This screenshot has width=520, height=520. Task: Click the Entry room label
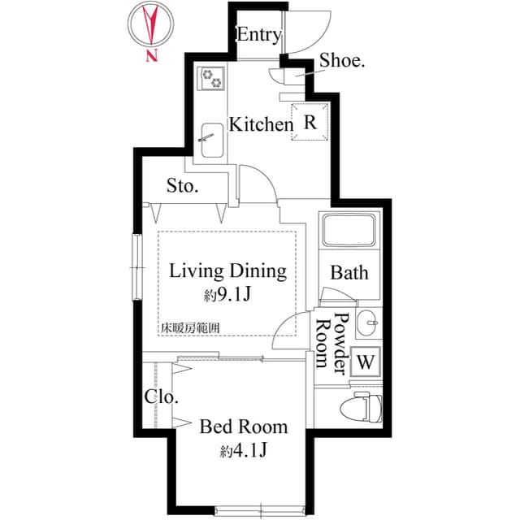[x=259, y=35]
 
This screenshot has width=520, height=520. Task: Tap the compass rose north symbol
[x=151, y=25]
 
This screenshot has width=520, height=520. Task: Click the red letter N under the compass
[x=152, y=55]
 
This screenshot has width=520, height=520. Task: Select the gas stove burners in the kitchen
[x=211, y=78]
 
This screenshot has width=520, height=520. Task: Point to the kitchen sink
[x=212, y=141]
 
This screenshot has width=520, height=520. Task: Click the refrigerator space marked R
[x=310, y=122]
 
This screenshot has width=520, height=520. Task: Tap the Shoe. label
[x=342, y=61]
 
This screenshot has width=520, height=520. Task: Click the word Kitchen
[x=262, y=124]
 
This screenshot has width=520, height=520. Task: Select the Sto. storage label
[x=182, y=186]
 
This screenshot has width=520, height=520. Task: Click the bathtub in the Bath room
[x=349, y=230]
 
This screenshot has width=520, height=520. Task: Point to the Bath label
[x=349, y=273]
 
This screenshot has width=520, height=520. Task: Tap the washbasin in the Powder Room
[x=367, y=323]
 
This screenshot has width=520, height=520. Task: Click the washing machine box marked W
[x=366, y=362]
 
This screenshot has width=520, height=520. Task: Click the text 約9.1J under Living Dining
[x=227, y=294]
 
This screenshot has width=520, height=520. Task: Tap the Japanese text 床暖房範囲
[x=190, y=328]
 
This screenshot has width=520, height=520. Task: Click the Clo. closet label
[x=162, y=396]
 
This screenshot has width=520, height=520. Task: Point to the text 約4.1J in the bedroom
[x=244, y=450]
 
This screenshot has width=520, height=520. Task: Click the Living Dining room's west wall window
[x=137, y=267]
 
